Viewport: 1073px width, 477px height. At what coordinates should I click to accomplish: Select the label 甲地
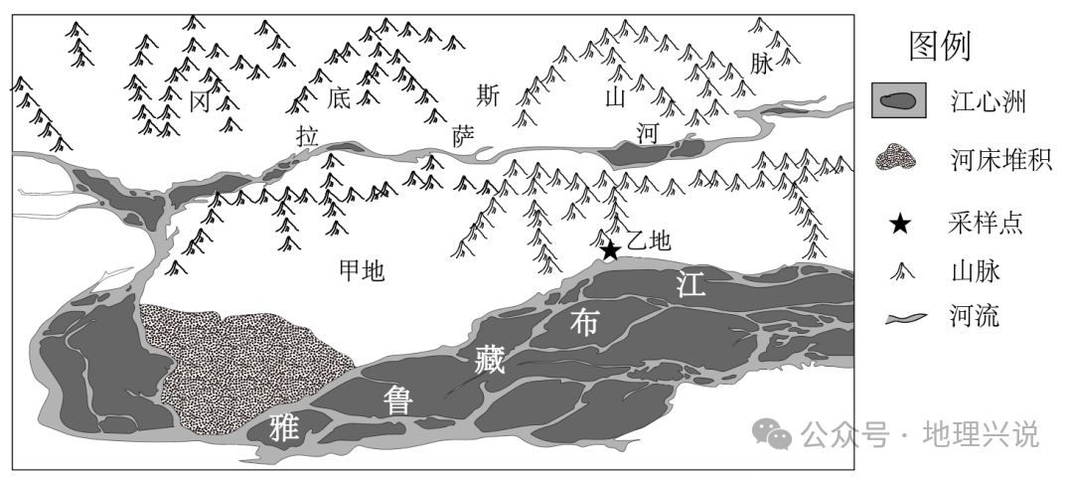point(362,269)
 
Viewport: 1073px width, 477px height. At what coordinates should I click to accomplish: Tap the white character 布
point(586,320)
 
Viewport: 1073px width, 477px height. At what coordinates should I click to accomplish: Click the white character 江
point(689,283)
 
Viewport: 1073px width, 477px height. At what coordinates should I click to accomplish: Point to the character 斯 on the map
point(487,95)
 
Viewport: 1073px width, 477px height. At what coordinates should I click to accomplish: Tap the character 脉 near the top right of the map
point(761,64)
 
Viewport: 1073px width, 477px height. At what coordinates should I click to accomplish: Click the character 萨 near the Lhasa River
point(463,136)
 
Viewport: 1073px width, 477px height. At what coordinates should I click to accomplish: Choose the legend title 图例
point(939,45)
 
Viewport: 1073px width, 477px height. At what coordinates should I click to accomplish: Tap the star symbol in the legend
point(900,224)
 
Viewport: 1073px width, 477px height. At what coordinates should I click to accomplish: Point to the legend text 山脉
point(974,270)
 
